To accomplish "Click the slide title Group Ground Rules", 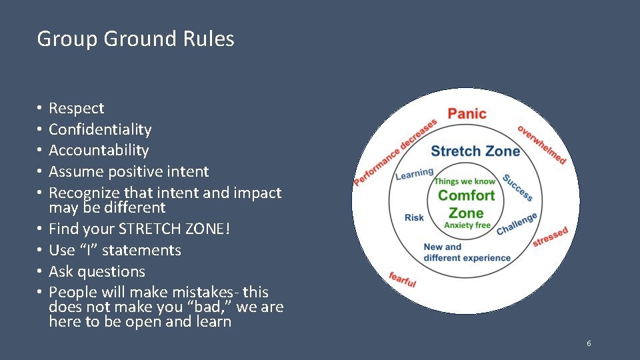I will (135, 39).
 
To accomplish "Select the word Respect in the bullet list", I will (77, 108).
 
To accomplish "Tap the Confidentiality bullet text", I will (100, 129).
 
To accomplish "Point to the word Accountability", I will (99, 151).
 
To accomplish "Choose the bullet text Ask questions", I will (97, 272).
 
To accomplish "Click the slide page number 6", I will (589, 343).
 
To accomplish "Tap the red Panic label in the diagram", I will (467, 114).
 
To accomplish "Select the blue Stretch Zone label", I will (475, 151).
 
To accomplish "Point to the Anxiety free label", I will (467, 225).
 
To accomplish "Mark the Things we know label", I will (465, 181).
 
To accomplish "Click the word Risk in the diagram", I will (414, 217).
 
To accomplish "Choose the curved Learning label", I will (414, 173).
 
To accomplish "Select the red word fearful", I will (403, 280).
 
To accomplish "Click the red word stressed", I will (550, 237).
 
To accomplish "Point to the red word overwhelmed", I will (542, 145).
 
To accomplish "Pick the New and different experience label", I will (467, 252).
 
